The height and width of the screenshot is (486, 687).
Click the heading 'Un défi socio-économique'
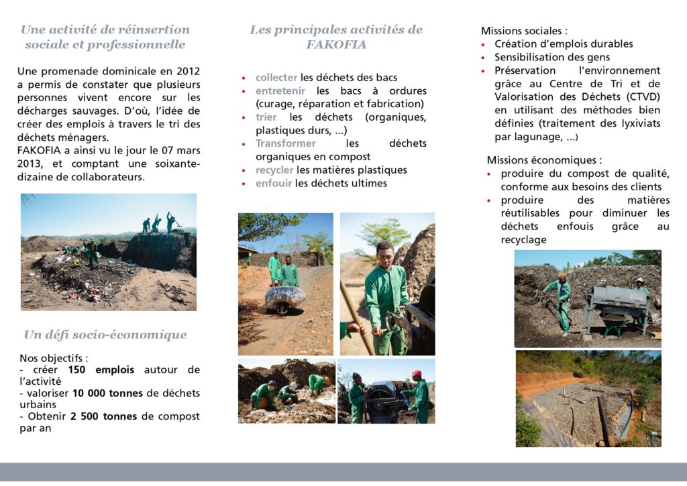tap(105, 335)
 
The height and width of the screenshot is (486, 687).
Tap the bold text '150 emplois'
tap(101, 369)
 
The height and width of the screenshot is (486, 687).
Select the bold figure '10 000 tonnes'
tap(107, 393)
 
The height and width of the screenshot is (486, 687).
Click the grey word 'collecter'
tap(276, 78)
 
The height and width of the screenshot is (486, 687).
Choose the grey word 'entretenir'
tap(280, 91)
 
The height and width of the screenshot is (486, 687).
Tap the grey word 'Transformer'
tap(286, 143)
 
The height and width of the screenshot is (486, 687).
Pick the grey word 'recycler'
tap(274, 170)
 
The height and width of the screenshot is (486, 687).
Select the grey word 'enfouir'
tap(274, 183)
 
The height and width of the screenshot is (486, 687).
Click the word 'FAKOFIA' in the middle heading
tap(336, 45)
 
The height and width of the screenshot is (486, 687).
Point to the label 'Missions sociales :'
tap(524, 31)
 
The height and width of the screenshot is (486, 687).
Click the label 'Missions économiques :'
tap(544, 160)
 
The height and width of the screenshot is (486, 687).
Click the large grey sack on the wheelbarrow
tap(285, 297)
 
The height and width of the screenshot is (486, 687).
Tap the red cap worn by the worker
tap(417, 373)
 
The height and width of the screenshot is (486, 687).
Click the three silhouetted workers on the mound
tap(159, 223)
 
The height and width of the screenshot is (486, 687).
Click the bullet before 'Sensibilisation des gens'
tap(484, 58)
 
